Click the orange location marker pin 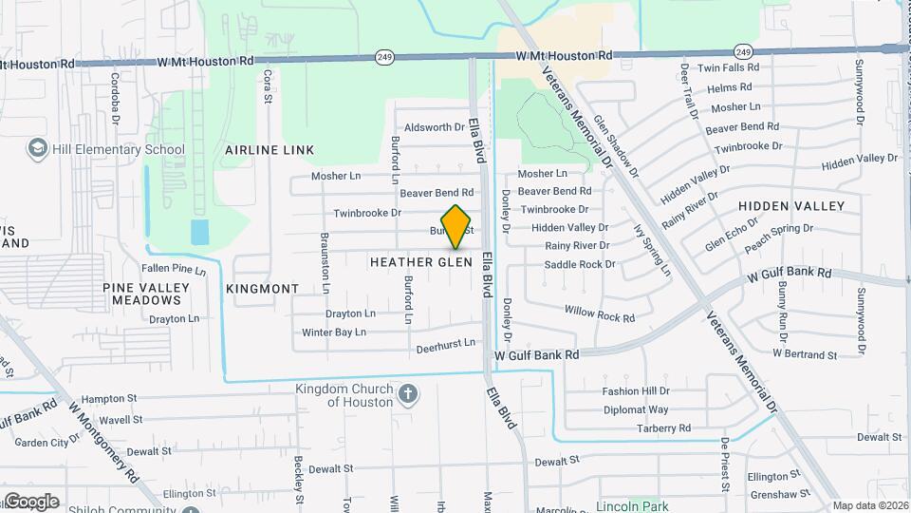tap(456, 226)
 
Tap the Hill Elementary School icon tap(38, 149)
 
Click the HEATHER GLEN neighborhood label tap(420, 261)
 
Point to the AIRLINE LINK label tap(270, 150)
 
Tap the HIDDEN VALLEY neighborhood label tap(790, 206)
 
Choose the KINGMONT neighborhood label tap(263, 288)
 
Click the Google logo tap(31, 501)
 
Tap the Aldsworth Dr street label tap(435, 127)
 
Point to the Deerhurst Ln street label tap(445, 349)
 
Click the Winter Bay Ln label tap(333, 332)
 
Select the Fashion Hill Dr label tap(637, 391)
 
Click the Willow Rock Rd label tap(599, 313)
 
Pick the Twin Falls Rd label tap(729, 67)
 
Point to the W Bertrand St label tap(805, 354)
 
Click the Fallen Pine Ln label tap(174, 270)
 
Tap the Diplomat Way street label tap(636, 410)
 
